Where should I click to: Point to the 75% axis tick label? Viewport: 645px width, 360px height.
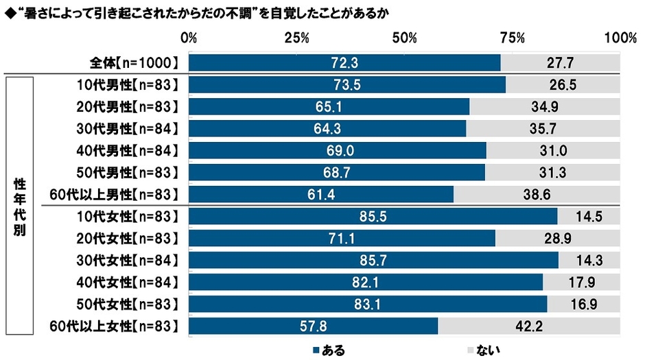point(512,38)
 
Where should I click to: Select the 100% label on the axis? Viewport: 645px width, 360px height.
point(620,38)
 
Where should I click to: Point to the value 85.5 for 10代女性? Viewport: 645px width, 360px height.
point(372,217)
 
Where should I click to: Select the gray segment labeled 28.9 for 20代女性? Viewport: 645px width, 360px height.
point(557,238)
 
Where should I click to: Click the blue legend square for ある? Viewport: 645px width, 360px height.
point(316,350)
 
